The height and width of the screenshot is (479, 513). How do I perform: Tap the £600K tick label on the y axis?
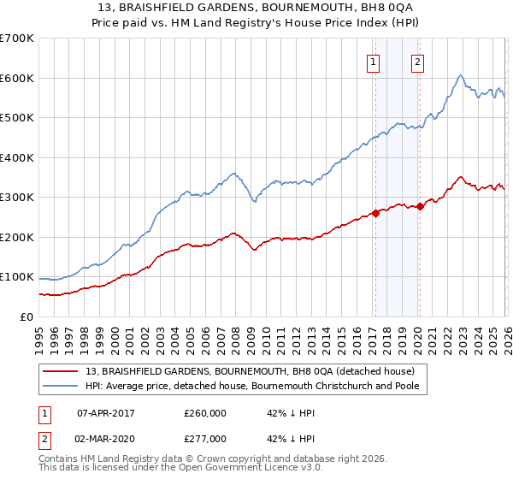(17, 78)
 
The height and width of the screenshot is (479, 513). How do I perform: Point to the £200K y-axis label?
(17, 237)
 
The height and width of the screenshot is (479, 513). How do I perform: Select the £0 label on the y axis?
(26, 316)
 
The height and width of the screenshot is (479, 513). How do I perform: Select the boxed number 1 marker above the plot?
(374, 62)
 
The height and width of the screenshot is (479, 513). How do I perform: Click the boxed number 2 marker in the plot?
(417, 62)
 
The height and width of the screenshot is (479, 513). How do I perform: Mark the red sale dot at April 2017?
(375, 214)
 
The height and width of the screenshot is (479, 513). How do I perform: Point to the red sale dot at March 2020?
(419, 207)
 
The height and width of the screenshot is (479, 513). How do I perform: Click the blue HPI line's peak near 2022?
(460, 75)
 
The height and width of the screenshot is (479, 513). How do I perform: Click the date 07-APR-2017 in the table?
(106, 413)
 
